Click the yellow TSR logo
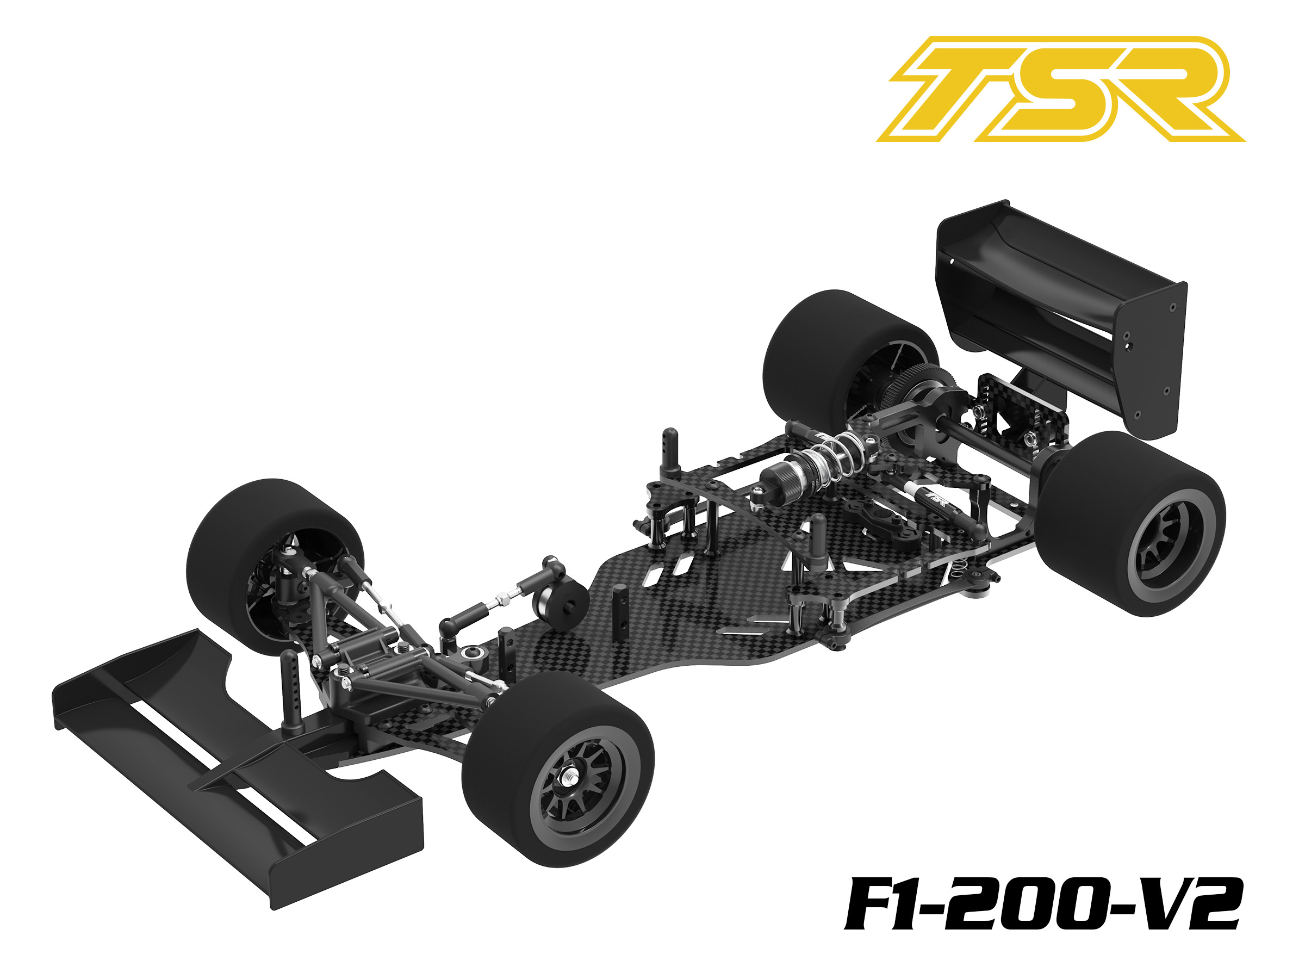coord(1060,89)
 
